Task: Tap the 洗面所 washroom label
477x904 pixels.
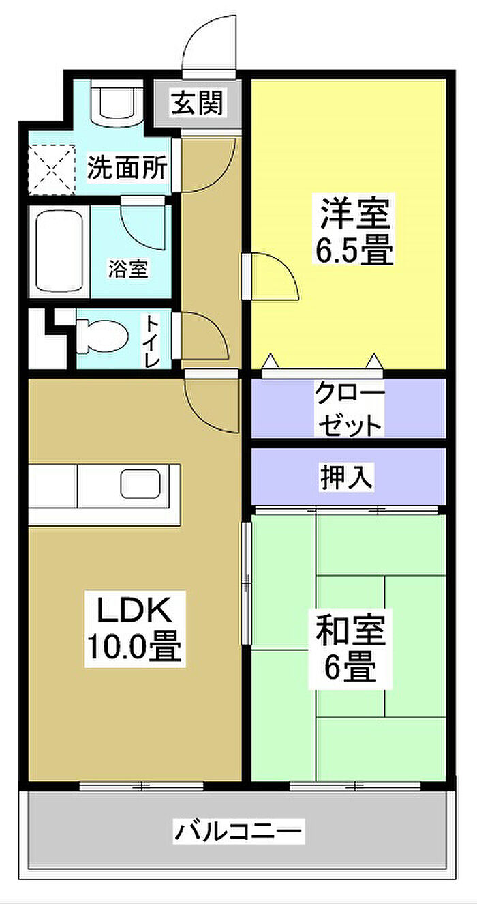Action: coord(127,167)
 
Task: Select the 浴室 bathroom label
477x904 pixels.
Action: coord(127,269)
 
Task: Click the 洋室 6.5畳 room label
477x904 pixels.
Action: coord(354,232)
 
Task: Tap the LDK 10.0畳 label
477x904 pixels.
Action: coord(133,628)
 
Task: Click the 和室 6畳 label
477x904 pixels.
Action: coord(350,648)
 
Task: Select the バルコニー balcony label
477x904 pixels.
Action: coord(238,832)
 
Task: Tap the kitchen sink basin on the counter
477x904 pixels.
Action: coord(140,484)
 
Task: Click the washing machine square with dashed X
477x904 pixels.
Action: coord(49,167)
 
